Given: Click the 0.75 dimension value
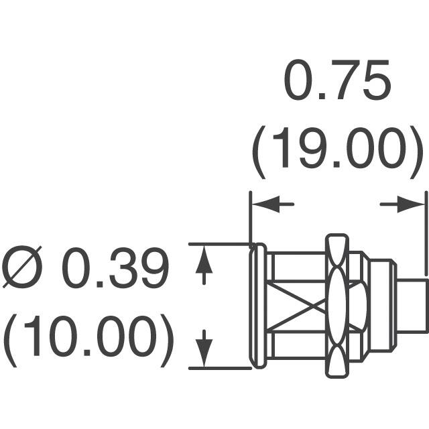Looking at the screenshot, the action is [x=336, y=80].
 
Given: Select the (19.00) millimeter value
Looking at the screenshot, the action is [x=337, y=152].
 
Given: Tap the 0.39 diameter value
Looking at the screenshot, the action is [x=115, y=267].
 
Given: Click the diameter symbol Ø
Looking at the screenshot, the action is [x=22, y=267].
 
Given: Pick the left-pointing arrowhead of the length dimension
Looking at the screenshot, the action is [x=265, y=204].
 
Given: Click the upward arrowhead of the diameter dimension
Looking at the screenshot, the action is [x=204, y=259].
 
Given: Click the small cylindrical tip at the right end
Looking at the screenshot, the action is [x=412, y=306].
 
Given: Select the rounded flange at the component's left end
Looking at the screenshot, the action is [x=257, y=306].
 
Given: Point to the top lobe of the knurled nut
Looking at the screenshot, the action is [x=337, y=251].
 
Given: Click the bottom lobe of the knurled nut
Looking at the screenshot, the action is [x=337, y=361].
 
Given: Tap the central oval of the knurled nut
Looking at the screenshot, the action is [x=338, y=306].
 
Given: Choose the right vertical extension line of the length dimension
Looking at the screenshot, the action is [x=426, y=233].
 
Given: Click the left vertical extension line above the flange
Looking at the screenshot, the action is [x=250, y=219].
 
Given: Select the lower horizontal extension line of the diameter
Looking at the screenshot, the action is [x=220, y=369].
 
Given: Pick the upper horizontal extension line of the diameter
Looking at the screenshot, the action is [x=220, y=243].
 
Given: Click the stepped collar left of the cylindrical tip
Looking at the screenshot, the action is [x=382, y=306].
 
